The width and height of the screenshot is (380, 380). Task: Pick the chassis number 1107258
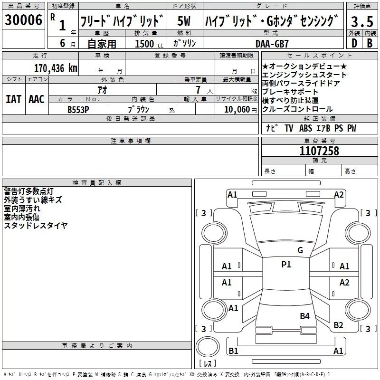pos(319,151)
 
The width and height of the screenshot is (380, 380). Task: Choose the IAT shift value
pos(14,99)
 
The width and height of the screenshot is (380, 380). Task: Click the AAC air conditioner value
pos(36,99)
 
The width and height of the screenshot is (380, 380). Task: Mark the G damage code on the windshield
pos(300,250)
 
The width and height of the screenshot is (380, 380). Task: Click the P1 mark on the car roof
pos(286,265)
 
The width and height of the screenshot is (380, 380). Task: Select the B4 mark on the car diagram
pos(304,316)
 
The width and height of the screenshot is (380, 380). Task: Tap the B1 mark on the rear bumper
pos(233,351)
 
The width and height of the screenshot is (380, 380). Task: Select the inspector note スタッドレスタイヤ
pos(36,226)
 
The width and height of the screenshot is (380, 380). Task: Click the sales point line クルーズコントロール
pos(297,109)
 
